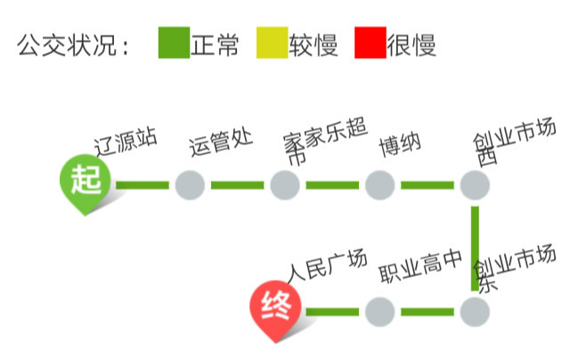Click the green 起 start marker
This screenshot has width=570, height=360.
coord(86,183)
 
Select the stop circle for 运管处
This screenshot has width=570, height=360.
coord(190,185)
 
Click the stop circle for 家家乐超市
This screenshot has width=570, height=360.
coord(285,185)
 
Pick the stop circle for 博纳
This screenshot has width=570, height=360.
coord(380,185)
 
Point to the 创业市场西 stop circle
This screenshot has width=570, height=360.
coord(475,185)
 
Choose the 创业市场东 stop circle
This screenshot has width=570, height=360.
coord(475,312)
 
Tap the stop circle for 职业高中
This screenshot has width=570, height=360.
coord(380,312)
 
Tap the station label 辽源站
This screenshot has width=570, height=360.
coord(126,142)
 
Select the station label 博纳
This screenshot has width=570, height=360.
coord(400,143)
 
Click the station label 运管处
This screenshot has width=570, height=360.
coord(221,142)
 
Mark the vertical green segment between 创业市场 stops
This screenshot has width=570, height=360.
coord(476,249)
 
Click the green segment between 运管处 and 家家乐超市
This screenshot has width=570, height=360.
coord(237,185)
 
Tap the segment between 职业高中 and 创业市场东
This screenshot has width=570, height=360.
coord(427,312)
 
